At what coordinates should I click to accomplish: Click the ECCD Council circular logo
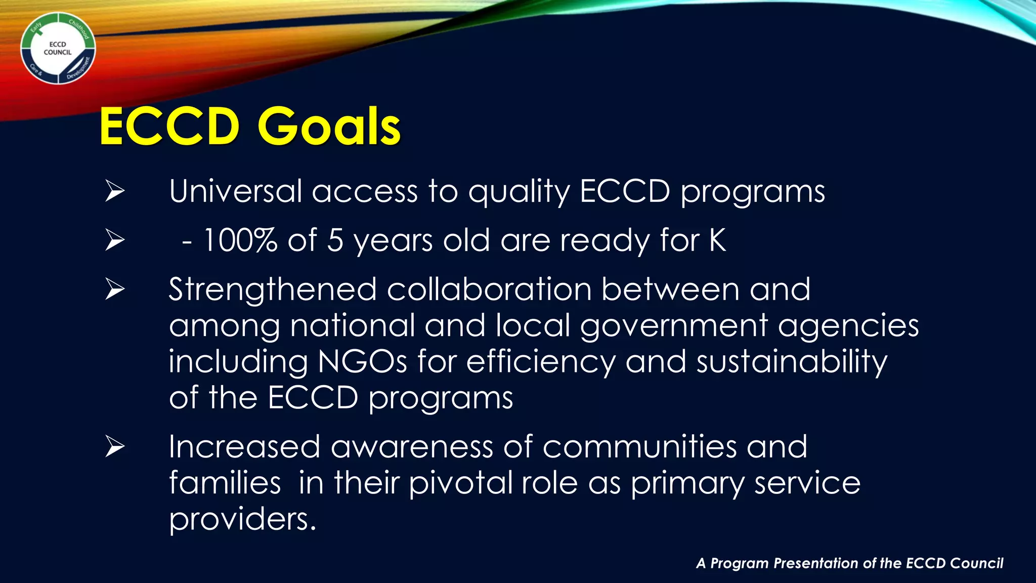tap(58, 49)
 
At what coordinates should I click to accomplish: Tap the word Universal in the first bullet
tap(235, 192)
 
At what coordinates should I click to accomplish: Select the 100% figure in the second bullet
tap(240, 240)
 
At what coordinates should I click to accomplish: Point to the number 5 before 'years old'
tap(335, 240)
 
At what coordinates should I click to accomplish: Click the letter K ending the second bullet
tap(717, 240)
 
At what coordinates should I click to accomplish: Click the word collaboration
tap(489, 289)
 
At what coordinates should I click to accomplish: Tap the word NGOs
tap(362, 362)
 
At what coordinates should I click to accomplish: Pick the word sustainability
tap(792, 362)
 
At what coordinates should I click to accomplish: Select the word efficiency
tap(541, 362)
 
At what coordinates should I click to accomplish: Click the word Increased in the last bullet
tap(244, 447)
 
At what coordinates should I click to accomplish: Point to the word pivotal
tap(460, 483)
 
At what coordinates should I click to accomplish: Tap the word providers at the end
tap(242, 519)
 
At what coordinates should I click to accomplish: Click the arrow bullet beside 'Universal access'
tap(115, 192)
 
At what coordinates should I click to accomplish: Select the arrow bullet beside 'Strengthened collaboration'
tap(115, 289)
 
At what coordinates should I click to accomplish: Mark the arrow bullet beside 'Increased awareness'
tap(115, 447)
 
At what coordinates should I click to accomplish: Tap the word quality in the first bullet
tap(519, 192)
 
